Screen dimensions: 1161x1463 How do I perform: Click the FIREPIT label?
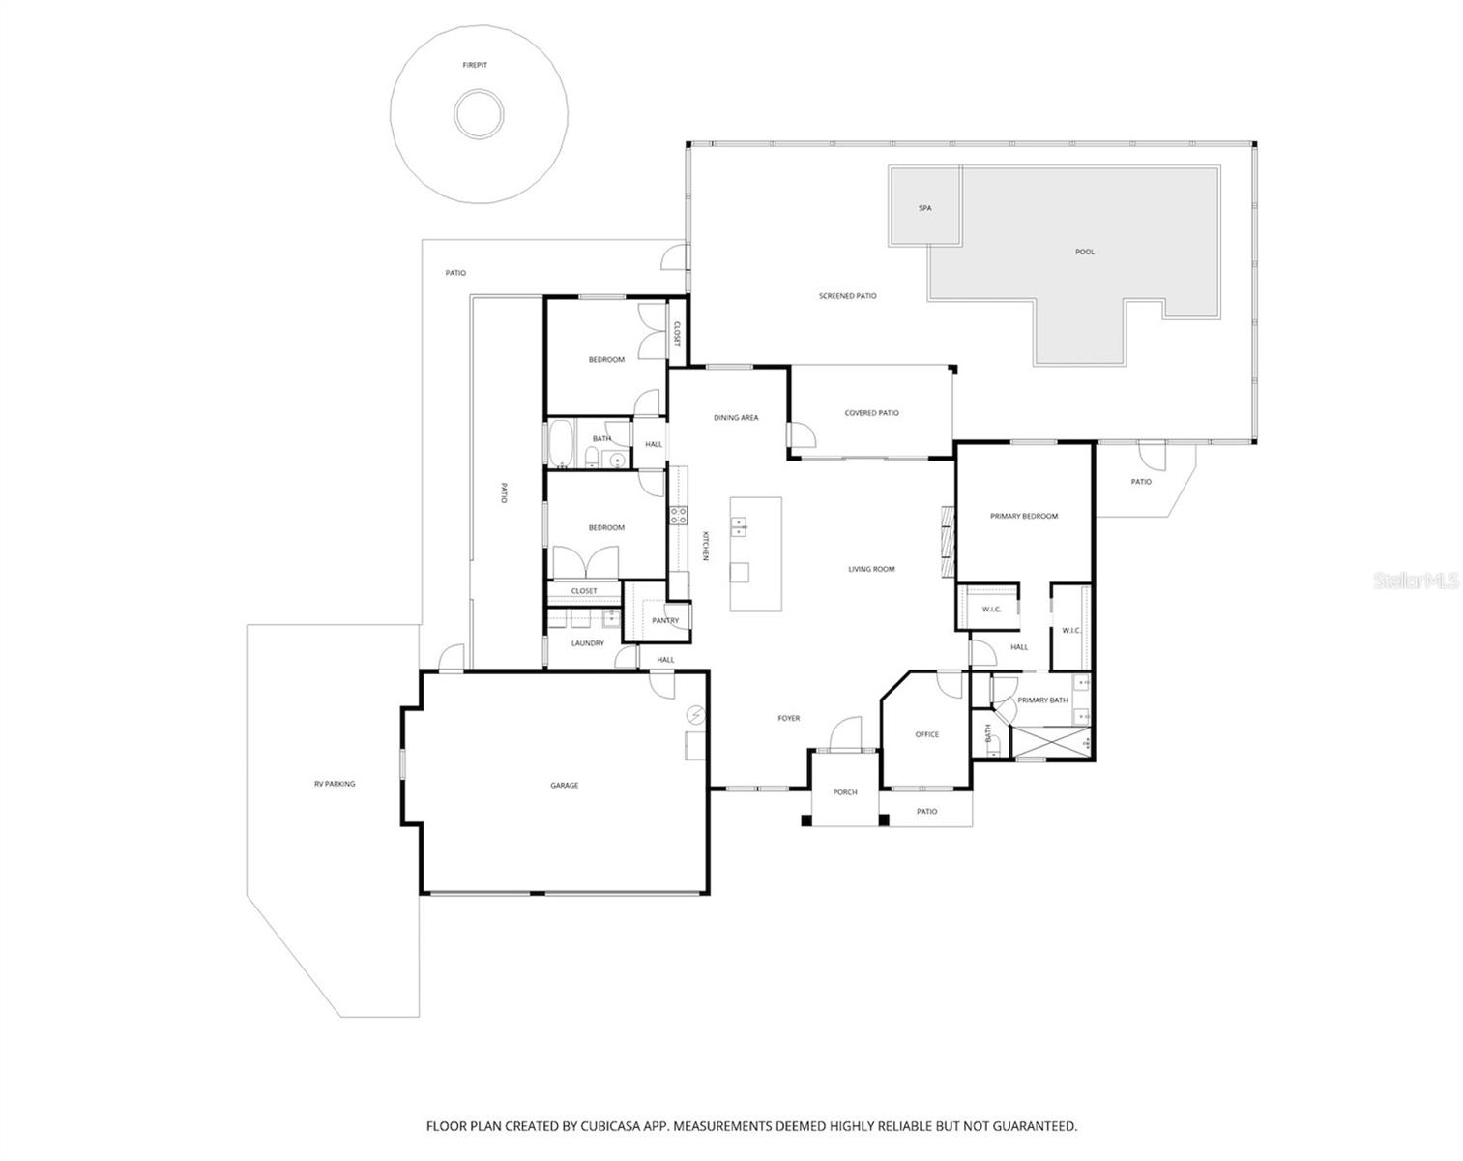474,65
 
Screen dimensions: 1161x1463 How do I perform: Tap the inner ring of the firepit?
476,114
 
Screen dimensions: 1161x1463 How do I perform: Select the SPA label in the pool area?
924,208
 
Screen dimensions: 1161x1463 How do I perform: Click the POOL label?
1085,252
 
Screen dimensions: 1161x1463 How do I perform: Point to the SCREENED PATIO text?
847,296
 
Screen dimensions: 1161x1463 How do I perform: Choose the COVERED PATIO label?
871,413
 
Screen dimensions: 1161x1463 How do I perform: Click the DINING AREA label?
736,418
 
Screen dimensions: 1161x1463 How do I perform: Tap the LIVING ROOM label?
871,569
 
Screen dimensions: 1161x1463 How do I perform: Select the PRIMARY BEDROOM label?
1023,516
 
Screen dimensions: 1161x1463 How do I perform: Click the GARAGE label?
564,786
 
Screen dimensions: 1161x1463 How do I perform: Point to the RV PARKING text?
334,784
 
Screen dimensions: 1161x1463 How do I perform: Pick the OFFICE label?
926,734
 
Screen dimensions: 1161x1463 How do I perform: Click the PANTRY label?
665,620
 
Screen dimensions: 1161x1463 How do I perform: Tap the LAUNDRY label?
587,643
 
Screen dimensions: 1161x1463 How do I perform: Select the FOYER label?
788,718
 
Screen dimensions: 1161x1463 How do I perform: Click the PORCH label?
844,792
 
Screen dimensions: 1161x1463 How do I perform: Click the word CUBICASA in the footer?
615,1126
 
